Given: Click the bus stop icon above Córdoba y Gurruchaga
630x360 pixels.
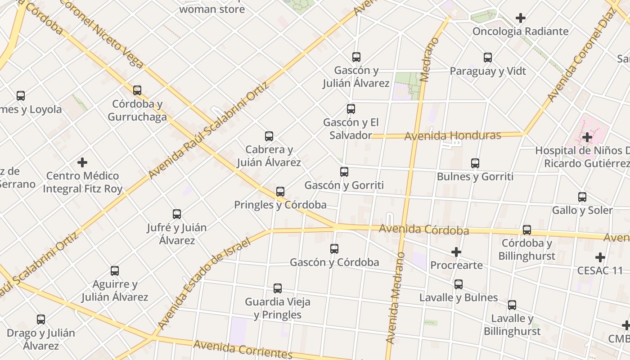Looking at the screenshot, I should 137,90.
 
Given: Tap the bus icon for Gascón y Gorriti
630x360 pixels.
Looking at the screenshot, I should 344,171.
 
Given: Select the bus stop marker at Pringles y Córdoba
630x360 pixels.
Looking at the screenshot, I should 280,192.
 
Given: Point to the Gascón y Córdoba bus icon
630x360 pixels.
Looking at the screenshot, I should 334,248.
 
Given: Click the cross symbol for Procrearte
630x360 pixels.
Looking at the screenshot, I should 456,252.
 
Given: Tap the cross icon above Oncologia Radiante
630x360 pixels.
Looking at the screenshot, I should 521,18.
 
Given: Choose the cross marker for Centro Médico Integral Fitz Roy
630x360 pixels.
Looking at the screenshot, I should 82,162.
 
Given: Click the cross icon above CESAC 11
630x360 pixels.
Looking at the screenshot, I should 600,257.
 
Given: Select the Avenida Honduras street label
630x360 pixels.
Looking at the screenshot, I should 453,135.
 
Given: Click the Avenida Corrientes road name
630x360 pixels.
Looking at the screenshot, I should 243,350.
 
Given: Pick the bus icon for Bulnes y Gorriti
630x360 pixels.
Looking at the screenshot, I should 475,163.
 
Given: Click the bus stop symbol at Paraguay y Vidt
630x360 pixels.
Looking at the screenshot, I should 488,58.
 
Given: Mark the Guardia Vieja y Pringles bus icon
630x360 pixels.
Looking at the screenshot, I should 278,288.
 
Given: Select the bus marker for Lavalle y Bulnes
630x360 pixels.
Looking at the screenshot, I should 459,284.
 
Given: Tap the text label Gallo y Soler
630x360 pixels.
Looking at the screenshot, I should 582,210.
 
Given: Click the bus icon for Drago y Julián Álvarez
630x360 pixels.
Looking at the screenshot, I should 41,319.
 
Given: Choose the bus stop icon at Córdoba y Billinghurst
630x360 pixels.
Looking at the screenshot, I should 527,230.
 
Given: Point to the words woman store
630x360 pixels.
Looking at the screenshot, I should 212,9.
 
